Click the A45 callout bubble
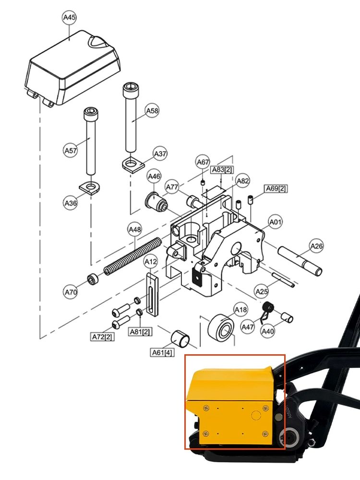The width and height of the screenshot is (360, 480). pos(70,17)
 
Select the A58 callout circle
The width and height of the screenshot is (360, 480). pos(152,110)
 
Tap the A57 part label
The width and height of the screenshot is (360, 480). pos(71,150)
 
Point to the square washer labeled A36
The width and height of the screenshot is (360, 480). pos(90,187)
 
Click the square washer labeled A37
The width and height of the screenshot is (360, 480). pos(133,164)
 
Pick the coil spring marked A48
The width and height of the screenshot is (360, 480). pos(132,256)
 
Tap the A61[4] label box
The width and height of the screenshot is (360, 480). pos(162,353)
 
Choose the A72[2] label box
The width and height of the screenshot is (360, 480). pos(103,337)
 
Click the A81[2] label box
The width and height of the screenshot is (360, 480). pos(140,332)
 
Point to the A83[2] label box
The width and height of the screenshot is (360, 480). pos(222,169)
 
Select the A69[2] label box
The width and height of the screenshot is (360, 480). pos(276,189)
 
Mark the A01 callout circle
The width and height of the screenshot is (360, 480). pos(275,222)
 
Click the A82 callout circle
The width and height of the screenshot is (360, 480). pos(243,180)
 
